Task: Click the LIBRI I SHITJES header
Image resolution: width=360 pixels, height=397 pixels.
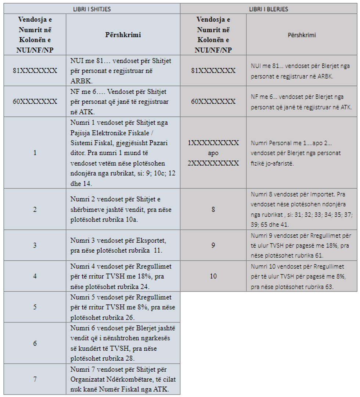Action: click(92, 8)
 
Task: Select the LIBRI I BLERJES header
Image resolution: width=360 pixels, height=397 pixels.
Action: click(269, 8)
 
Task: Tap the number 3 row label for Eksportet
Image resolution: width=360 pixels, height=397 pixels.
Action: click(35, 245)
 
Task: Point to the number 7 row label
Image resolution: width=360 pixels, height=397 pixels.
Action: click(35, 379)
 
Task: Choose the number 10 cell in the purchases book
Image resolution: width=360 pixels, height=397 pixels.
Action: click(213, 276)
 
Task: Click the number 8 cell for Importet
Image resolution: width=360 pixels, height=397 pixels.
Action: click(213, 209)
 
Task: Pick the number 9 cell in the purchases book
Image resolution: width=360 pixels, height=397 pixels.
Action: click(213, 245)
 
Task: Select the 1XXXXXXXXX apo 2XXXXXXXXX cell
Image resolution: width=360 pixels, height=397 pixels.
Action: click(213, 153)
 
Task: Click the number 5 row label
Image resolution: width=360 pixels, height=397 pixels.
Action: click(35, 307)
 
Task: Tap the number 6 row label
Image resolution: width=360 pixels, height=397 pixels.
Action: click(35, 343)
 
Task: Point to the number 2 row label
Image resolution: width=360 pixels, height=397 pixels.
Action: click(35, 209)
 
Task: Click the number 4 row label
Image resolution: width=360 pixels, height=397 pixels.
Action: click(35, 276)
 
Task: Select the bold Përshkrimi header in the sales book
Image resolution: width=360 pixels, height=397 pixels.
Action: click(123, 35)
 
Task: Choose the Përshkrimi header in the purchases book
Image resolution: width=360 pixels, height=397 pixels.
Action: click(302, 35)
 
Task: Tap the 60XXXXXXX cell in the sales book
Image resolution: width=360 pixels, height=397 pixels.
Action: click(35, 101)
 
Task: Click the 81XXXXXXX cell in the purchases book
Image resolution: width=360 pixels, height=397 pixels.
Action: click(213, 71)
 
